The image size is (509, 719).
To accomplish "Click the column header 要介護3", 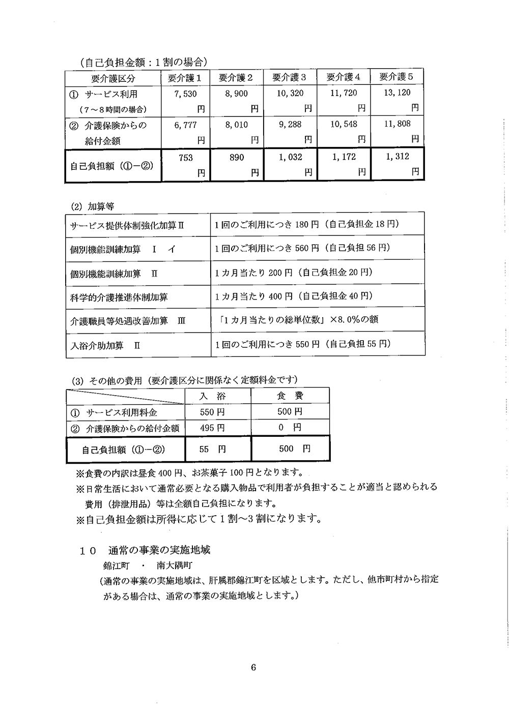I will tap(289, 77).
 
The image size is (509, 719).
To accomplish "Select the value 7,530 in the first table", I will tap(185, 94).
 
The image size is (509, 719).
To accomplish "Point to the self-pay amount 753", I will tap(186, 158).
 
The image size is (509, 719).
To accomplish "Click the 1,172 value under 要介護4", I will tap(344, 157).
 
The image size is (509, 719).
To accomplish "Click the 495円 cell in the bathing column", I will tap(212, 428).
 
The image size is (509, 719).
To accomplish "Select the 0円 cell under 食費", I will tap(290, 428).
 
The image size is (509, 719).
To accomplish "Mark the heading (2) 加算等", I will tap(93, 206).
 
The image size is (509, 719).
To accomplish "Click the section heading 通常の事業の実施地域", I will tap(159, 550).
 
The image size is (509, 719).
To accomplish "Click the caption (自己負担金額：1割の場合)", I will tap(144, 62).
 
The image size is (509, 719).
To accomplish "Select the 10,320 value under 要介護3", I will tap(290, 94).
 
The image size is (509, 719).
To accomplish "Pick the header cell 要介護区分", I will tap(113, 78).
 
